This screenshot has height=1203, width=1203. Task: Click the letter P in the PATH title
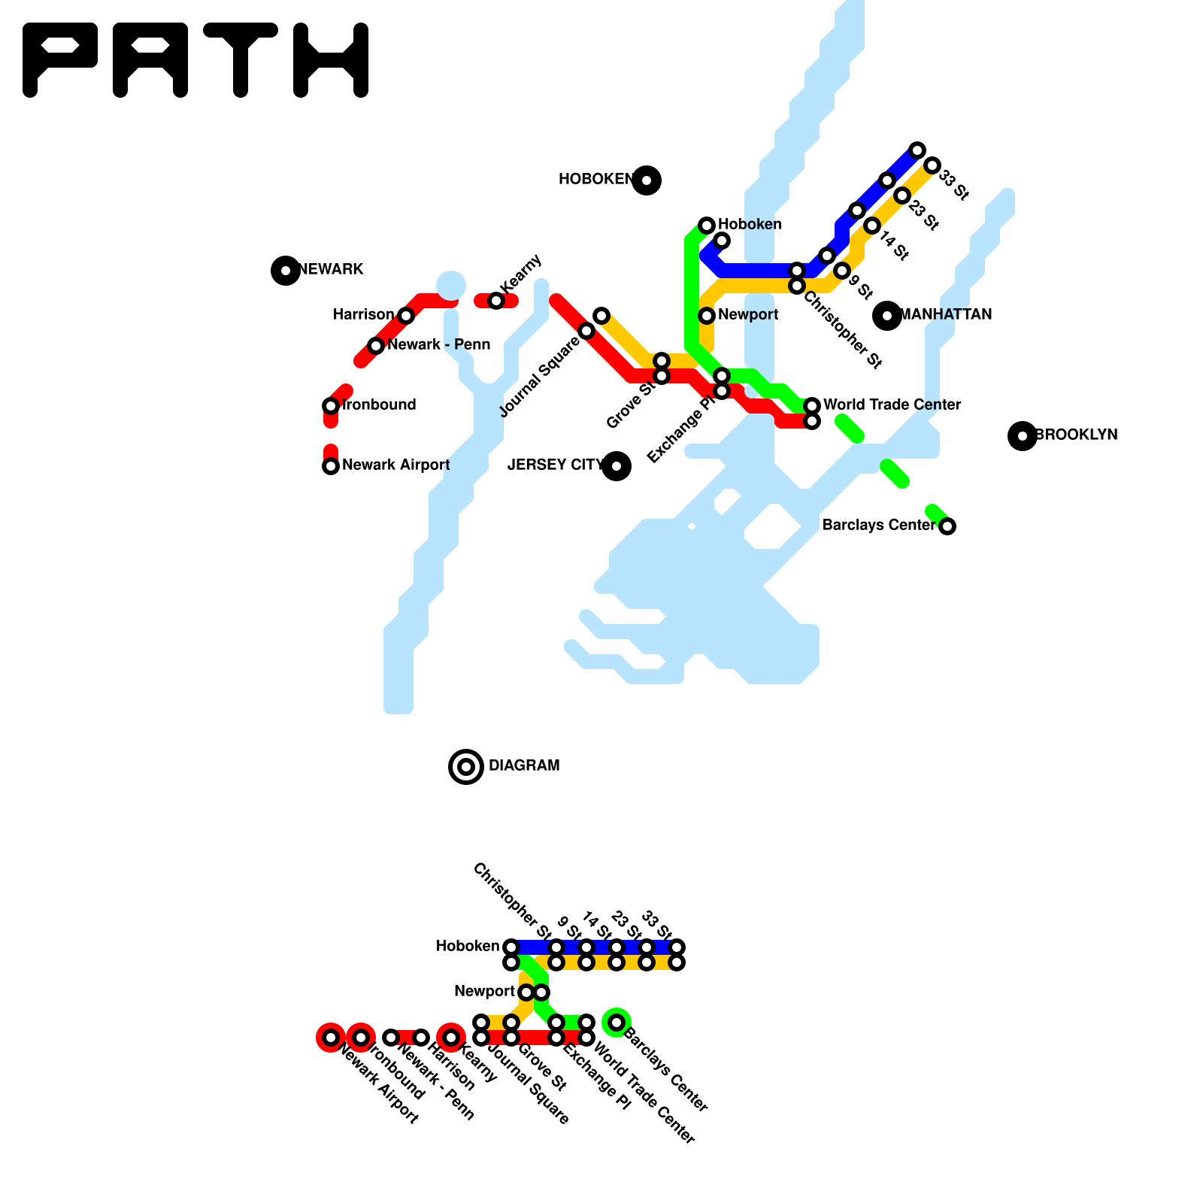point(60,59)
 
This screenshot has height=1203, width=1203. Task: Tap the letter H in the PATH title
point(331,59)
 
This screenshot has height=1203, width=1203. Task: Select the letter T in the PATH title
point(241,59)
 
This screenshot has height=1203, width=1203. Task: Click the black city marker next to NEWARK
point(286,270)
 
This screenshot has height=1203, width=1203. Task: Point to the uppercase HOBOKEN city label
point(595,180)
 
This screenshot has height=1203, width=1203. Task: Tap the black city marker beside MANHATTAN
point(887,315)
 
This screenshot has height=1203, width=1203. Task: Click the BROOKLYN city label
point(1077,435)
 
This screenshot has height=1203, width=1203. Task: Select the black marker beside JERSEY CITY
point(617,466)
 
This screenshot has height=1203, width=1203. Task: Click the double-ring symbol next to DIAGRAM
point(466,767)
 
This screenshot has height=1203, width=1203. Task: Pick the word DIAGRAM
point(524,766)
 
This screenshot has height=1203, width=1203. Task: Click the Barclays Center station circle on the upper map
point(947,526)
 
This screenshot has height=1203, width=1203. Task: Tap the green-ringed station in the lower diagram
point(617,1023)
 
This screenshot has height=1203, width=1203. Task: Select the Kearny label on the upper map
point(520,274)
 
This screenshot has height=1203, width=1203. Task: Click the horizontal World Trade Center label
point(892,405)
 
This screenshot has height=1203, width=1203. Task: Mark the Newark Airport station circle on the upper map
point(331,466)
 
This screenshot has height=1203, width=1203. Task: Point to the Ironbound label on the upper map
point(379,405)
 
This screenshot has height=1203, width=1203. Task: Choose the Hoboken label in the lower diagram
point(468,947)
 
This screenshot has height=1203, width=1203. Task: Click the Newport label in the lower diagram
point(484,992)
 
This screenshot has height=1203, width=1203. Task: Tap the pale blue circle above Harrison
point(451,286)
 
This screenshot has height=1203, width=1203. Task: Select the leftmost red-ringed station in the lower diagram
point(331,1038)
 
